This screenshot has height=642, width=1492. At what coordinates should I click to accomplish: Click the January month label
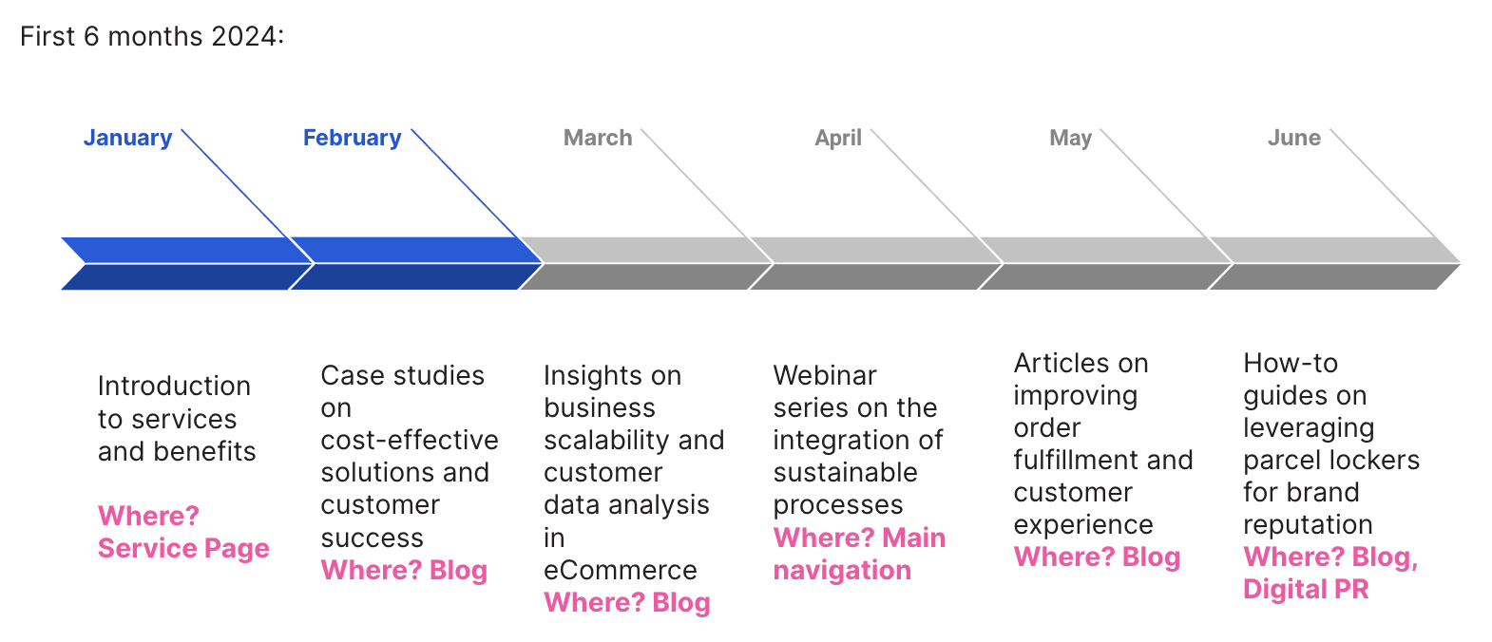pyautogui.click(x=127, y=138)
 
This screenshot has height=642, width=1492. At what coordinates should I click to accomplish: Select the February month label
pyautogui.click(x=352, y=138)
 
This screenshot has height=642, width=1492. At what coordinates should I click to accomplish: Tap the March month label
pyautogui.click(x=598, y=138)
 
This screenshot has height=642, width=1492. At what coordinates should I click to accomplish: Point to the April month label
pyautogui.click(x=838, y=138)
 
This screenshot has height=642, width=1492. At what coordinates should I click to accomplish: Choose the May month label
pyautogui.click(x=1070, y=138)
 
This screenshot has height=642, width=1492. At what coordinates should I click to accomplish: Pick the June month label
pyautogui.click(x=1293, y=138)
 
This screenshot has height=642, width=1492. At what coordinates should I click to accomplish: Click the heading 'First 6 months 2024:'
pyautogui.click(x=152, y=36)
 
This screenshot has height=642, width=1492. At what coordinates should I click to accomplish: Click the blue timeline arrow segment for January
pyautogui.click(x=176, y=263)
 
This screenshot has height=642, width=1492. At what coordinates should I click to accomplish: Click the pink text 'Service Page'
pyautogui.click(x=183, y=549)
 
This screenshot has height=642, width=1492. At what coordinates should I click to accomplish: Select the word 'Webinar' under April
pyautogui.click(x=825, y=375)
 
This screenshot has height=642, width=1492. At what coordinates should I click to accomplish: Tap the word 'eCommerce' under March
pyautogui.click(x=620, y=570)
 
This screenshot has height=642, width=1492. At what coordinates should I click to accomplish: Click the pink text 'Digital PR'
pyautogui.click(x=1306, y=590)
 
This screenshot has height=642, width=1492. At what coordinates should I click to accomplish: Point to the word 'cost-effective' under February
pyautogui.click(x=410, y=440)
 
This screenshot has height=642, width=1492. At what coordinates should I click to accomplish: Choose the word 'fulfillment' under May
pyautogui.click(x=1077, y=461)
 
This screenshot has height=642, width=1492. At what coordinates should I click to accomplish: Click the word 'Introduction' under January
pyautogui.click(x=174, y=386)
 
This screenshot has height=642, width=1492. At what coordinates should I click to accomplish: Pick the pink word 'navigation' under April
pyautogui.click(x=842, y=571)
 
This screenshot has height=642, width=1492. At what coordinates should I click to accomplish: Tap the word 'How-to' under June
pyautogui.click(x=1290, y=363)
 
